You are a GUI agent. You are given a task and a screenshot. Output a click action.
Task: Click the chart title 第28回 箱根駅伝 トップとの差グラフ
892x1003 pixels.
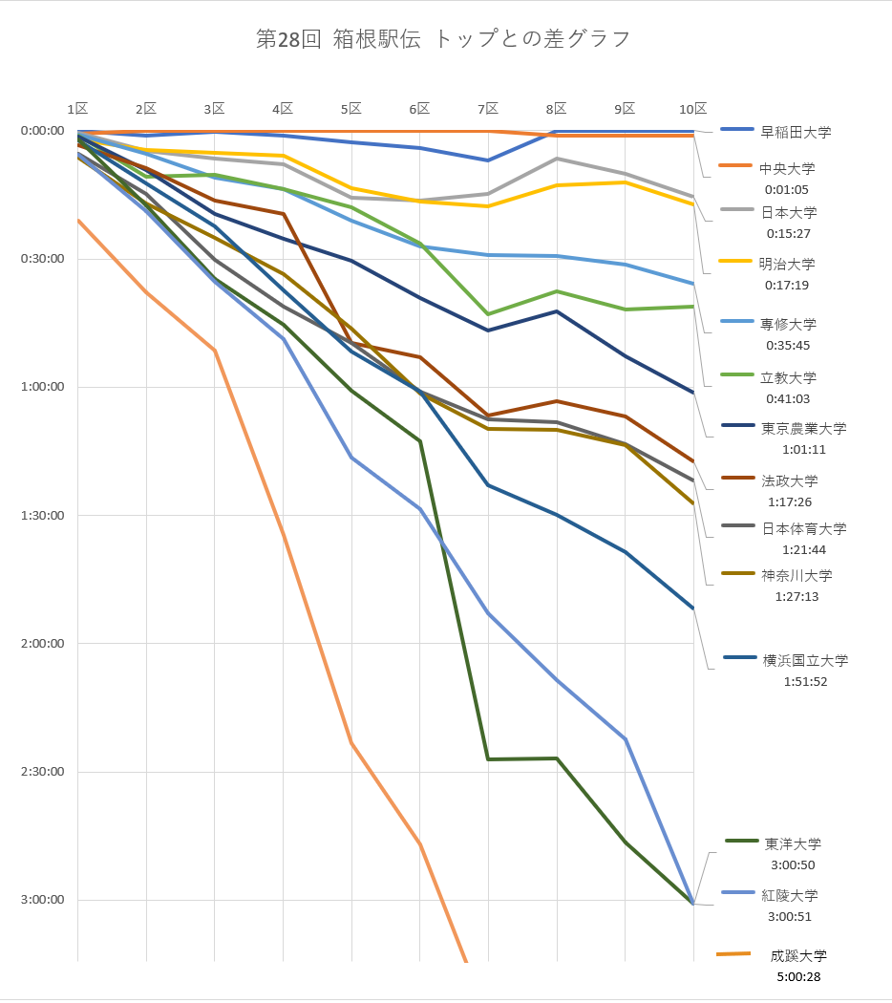point(444,39)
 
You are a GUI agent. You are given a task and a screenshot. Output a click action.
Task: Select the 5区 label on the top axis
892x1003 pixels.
point(350,109)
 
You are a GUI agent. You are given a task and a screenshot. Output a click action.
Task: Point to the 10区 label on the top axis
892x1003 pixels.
point(692,109)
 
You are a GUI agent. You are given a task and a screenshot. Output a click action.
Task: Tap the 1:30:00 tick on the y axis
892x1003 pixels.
point(42,516)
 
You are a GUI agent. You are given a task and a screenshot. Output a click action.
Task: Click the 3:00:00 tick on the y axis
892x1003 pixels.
point(42,900)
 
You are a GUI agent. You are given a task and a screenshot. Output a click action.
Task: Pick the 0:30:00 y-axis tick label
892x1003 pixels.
point(42,259)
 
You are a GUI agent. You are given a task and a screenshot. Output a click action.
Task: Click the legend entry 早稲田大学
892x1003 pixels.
point(796,132)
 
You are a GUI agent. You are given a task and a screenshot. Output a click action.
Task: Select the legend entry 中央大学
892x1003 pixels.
point(788,169)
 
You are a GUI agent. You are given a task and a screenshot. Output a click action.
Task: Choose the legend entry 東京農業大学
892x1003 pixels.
point(803,429)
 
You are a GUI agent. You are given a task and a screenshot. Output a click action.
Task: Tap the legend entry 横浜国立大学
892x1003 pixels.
point(804,660)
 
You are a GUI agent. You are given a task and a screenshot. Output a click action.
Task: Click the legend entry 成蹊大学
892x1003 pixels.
point(798,955)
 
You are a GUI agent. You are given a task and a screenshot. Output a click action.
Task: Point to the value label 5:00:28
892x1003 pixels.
point(799,976)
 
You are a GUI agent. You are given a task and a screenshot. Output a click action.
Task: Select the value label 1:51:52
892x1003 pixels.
point(804,681)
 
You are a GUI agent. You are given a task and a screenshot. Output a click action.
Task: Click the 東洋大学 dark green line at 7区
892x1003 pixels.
point(488,759)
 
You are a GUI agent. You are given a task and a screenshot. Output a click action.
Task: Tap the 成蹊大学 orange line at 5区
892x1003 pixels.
point(350,742)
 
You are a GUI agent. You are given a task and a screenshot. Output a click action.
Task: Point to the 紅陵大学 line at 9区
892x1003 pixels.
point(626,739)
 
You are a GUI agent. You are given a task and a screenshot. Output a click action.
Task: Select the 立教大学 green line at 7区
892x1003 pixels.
point(488,314)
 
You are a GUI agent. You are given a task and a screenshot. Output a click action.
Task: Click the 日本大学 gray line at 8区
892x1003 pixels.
point(557,159)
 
